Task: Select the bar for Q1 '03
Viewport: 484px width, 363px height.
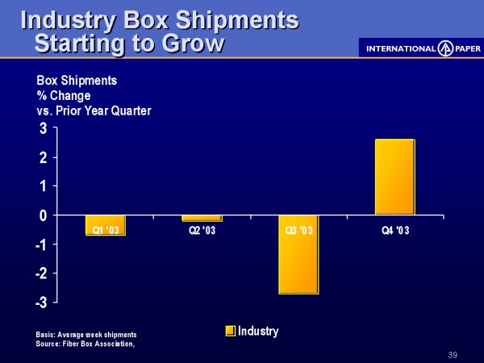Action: click(105, 225)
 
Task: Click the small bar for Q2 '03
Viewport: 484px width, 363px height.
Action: click(202, 218)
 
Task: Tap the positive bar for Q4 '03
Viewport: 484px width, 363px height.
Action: click(394, 177)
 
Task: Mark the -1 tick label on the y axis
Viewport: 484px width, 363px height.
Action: click(39, 244)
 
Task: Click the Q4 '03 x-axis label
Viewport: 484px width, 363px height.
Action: click(395, 232)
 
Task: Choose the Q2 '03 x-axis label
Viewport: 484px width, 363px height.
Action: click(202, 232)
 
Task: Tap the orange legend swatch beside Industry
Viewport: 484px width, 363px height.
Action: click(230, 331)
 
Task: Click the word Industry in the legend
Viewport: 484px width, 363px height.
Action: click(258, 331)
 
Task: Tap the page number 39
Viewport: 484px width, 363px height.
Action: click(452, 355)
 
